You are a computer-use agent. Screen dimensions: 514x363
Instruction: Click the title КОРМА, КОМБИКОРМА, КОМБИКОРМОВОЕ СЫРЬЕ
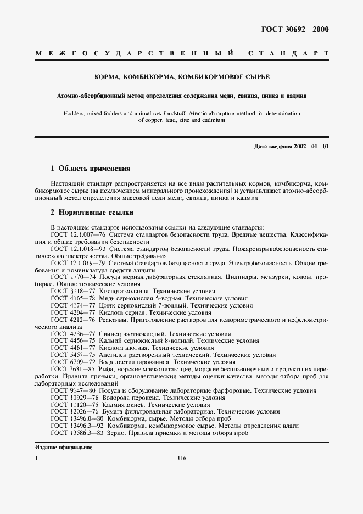pos(181,78)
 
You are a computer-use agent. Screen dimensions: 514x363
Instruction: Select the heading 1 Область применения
pos(90,169)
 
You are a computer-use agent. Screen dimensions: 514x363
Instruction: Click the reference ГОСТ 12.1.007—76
pos(75,233)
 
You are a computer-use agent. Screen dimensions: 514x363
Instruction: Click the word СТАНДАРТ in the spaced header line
pos(288,54)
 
